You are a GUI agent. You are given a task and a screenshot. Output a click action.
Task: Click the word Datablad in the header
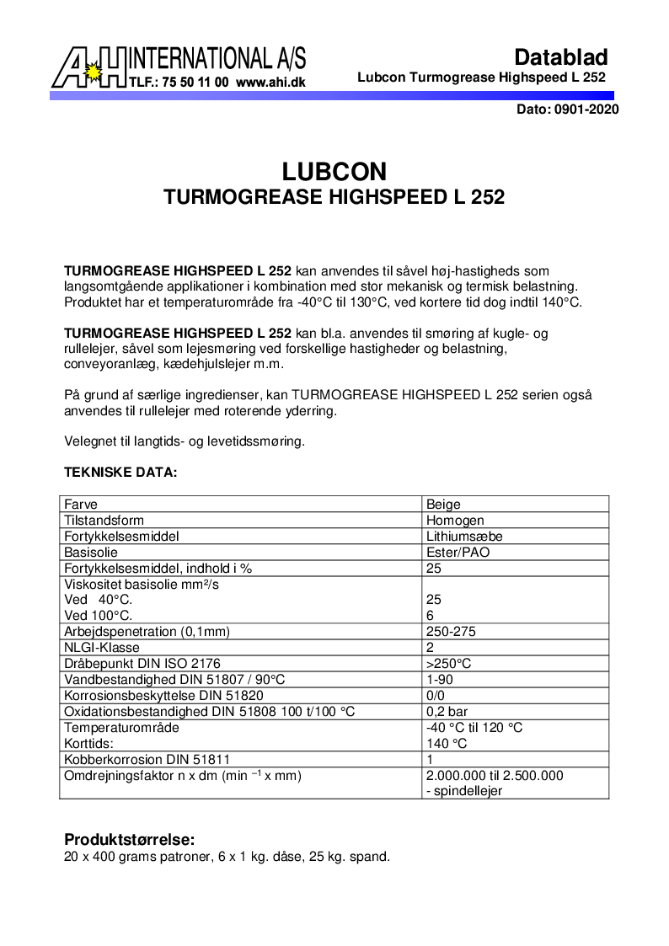point(560,57)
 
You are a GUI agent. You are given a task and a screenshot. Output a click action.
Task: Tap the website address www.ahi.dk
point(270,83)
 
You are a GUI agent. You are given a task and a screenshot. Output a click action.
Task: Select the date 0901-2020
point(587,110)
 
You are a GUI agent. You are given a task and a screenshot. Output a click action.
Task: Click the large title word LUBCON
point(334,172)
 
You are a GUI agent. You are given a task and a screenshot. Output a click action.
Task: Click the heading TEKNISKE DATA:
point(120,473)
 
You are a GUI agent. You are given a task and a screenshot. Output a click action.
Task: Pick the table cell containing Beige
point(443,505)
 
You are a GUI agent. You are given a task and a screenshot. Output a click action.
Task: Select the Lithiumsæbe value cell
point(465,537)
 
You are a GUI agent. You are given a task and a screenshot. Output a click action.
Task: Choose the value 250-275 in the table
point(452,632)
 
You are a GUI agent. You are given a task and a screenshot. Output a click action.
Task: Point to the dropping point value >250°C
point(448,664)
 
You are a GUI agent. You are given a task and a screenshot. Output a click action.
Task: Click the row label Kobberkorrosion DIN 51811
point(147,759)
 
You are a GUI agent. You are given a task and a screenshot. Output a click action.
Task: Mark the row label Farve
point(81,505)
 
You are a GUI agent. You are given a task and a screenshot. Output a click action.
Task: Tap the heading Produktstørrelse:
point(130,840)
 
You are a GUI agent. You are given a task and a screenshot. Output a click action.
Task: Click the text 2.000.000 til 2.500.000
point(495,776)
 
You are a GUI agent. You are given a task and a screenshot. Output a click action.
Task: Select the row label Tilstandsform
point(104,521)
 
